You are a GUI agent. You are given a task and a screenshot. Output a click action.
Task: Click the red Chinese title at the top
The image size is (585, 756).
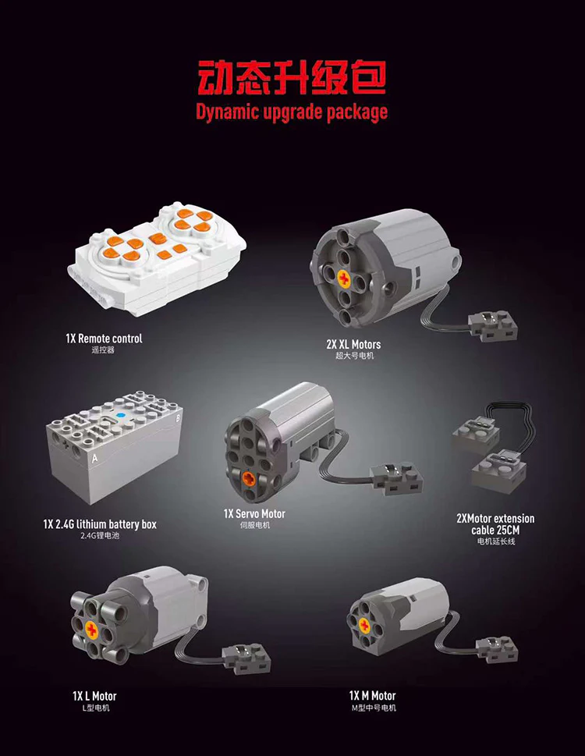pyautogui.click(x=292, y=77)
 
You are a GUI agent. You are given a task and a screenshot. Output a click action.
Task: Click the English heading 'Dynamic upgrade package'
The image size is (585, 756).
pyautogui.click(x=292, y=112)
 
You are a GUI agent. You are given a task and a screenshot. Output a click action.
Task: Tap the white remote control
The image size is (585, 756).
pyautogui.click(x=157, y=258)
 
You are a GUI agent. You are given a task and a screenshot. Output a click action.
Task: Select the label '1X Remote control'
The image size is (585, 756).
pyautogui.click(x=104, y=339)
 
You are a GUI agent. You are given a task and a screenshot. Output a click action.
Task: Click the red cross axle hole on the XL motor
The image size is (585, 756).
pyautogui.click(x=344, y=279)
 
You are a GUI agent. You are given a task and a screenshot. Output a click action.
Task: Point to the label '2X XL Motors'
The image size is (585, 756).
pyautogui.click(x=353, y=344)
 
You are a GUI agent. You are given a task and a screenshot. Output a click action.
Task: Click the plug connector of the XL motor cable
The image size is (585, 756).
pyautogui.click(x=492, y=325)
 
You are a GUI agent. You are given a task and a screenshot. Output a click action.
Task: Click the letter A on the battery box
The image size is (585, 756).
pyautogui.click(x=95, y=458)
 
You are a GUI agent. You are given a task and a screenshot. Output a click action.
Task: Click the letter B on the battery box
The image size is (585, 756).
pyautogui.click(x=178, y=418)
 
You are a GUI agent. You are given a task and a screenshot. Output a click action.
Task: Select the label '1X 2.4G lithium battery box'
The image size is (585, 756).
pyautogui.click(x=100, y=524)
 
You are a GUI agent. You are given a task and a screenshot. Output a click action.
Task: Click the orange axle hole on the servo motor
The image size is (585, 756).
pyautogui.click(x=249, y=479)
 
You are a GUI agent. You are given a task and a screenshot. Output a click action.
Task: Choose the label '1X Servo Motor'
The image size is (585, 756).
pyautogui.click(x=254, y=514)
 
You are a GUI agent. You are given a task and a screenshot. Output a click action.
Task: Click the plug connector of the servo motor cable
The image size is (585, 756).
pyautogui.click(x=396, y=479)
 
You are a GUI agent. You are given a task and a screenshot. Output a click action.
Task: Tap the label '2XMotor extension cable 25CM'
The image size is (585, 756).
pyautogui.click(x=495, y=524)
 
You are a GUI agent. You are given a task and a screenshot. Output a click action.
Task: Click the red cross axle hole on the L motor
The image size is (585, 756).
pyautogui.click(x=91, y=629)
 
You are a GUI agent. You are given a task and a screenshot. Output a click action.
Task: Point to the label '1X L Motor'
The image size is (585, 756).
pyautogui.click(x=94, y=696)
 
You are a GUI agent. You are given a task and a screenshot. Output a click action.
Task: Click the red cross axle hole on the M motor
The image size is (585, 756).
pyautogui.click(x=365, y=626)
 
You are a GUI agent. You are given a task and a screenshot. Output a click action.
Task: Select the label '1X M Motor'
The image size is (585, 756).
pyautogui.click(x=373, y=696)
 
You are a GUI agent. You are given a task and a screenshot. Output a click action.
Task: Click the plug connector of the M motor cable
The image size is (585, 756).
pyautogui.click(x=497, y=649)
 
